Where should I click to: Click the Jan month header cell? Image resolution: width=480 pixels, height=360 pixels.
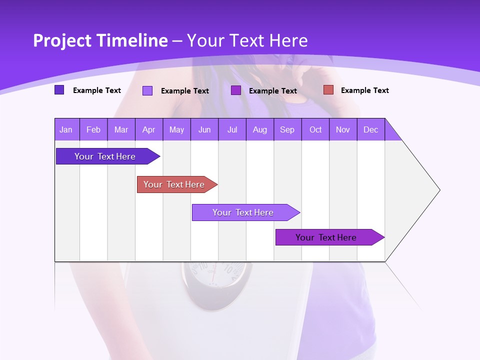[66, 129]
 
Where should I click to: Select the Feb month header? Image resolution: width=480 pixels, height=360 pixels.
[93, 129]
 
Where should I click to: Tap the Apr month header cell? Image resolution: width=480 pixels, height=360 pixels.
[149, 129]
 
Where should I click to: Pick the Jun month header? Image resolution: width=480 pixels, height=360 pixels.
[204, 129]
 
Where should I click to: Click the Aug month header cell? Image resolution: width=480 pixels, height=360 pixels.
[260, 129]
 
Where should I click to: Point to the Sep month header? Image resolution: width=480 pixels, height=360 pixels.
[287, 129]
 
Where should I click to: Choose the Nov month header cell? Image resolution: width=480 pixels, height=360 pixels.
[343, 129]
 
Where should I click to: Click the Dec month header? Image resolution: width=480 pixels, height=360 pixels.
[371, 129]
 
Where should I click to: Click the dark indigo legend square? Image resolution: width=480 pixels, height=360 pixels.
[59, 90]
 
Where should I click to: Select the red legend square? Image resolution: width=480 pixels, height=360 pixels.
[328, 90]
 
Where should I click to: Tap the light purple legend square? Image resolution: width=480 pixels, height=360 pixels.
[147, 90]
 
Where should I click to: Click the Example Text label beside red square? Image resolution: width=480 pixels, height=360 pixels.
[364, 90]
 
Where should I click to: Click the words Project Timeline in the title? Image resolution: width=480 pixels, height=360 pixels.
[100, 40]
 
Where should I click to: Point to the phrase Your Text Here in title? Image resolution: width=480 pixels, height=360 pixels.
[247, 40]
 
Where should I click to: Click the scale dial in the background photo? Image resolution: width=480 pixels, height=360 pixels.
[215, 277]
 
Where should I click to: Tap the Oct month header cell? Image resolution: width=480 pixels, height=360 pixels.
[315, 129]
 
